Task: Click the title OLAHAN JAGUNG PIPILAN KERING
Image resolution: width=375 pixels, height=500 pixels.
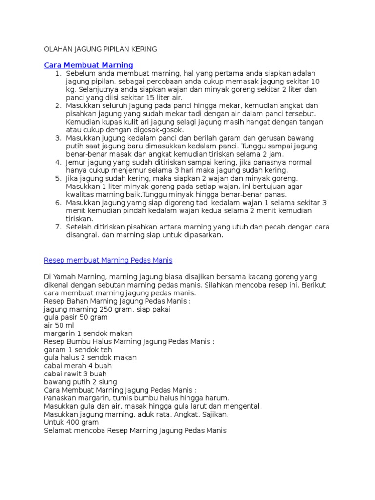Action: point(101,49)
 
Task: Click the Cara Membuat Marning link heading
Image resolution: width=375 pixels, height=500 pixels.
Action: point(88,65)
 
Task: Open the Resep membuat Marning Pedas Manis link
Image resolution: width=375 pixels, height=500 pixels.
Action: point(108,260)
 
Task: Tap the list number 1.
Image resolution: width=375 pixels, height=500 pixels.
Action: point(57,73)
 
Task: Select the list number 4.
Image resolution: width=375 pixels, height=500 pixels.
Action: point(57,162)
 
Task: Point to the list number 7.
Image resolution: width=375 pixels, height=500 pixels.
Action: point(57,227)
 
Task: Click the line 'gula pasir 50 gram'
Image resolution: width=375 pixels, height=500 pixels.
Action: point(76,317)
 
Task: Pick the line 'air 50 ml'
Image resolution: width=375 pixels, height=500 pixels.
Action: point(59,326)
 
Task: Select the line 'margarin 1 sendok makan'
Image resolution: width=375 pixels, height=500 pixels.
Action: point(88,333)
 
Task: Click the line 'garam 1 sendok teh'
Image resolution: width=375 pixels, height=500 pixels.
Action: point(78,350)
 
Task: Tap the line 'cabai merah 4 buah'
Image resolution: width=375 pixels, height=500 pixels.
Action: point(78,366)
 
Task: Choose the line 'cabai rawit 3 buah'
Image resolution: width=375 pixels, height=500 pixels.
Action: point(75,374)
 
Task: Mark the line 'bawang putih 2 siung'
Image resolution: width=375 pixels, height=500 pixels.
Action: point(80,382)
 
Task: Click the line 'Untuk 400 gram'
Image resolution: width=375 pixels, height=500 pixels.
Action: point(71,422)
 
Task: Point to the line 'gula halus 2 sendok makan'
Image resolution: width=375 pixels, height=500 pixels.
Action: point(90,358)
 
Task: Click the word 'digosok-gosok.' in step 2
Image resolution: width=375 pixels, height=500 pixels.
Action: point(161,130)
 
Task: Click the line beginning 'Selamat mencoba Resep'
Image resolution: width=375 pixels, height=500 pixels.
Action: point(135,431)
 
